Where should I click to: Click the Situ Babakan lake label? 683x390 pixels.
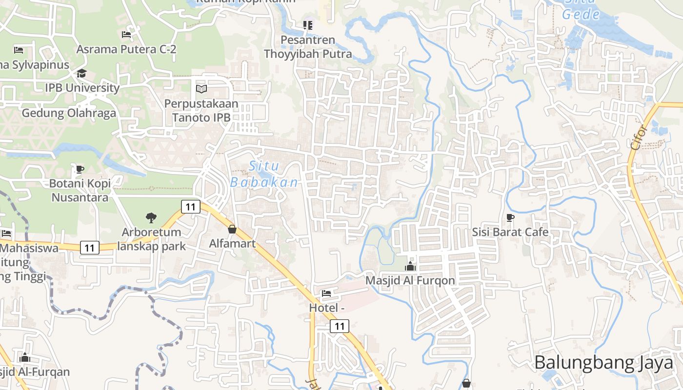(x=264, y=174)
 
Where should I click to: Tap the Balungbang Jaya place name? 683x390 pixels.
(x=604, y=363)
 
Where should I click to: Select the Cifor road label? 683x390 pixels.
(x=639, y=137)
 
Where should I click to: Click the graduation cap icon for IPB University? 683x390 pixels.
(x=81, y=74)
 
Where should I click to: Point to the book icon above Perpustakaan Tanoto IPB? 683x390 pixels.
(x=201, y=89)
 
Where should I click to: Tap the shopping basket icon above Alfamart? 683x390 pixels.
(x=232, y=229)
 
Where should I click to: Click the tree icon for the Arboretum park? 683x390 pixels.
(x=151, y=218)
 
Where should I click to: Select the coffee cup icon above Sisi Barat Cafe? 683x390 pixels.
(x=510, y=217)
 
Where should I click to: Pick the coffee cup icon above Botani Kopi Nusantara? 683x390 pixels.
(x=80, y=169)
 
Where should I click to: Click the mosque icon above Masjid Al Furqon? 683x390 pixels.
(x=410, y=266)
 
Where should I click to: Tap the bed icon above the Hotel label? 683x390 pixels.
(x=326, y=293)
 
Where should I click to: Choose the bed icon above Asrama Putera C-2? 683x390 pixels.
(x=126, y=35)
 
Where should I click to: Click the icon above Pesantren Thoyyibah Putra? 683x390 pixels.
(x=307, y=25)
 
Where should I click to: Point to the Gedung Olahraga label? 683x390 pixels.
(x=69, y=114)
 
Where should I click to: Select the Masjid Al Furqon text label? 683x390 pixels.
(x=410, y=280)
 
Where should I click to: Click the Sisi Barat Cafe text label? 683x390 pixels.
(x=510, y=232)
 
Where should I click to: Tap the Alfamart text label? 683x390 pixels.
(x=232, y=243)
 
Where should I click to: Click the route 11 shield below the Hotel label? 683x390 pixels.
(x=340, y=326)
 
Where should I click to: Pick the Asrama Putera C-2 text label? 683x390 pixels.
(x=126, y=49)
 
